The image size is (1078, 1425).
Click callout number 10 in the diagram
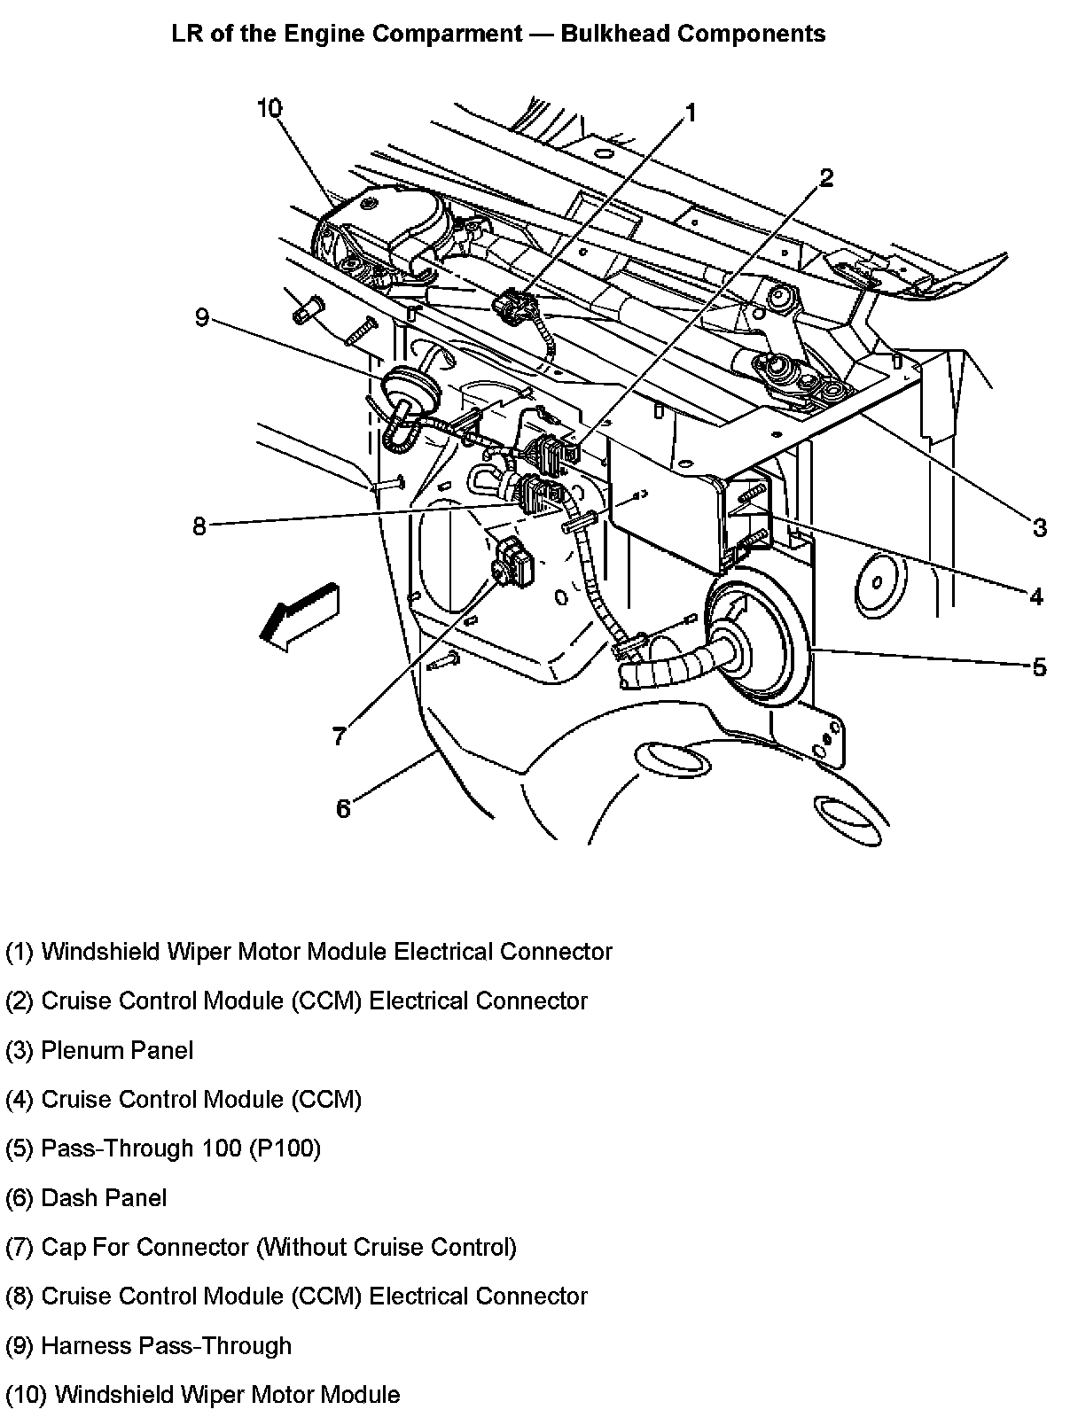[269, 108]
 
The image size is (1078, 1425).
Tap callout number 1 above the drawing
[690, 113]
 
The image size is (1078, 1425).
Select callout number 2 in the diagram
[825, 178]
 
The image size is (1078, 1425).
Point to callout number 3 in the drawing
[1039, 528]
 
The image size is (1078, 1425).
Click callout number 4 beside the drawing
[1035, 596]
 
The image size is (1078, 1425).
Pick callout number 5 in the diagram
[1039, 666]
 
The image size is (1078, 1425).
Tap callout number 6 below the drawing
[343, 807]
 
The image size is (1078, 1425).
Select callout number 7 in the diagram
[339, 736]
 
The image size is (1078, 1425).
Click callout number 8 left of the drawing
[199, 526]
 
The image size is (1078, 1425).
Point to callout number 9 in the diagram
[202, 316]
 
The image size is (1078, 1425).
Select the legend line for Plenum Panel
[99, 1050]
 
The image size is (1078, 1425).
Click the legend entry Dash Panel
[86, 1197]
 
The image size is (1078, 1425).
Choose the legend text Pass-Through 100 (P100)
[163, 1149]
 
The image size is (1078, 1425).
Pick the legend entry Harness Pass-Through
[149, 1345]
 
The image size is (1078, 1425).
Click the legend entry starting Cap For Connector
[261, 1247]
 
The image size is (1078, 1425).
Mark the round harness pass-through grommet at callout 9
[409, 386]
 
